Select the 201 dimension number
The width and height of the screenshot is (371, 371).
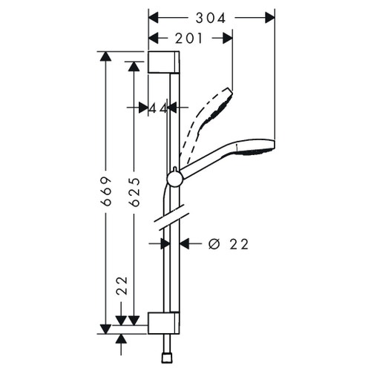pos(191,38)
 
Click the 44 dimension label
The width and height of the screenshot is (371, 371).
pos(157,108)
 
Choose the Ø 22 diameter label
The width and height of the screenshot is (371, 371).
pos(228,243)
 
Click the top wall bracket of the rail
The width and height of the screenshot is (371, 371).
pos(162,62)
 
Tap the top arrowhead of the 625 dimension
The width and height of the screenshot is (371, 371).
pos(134,66)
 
